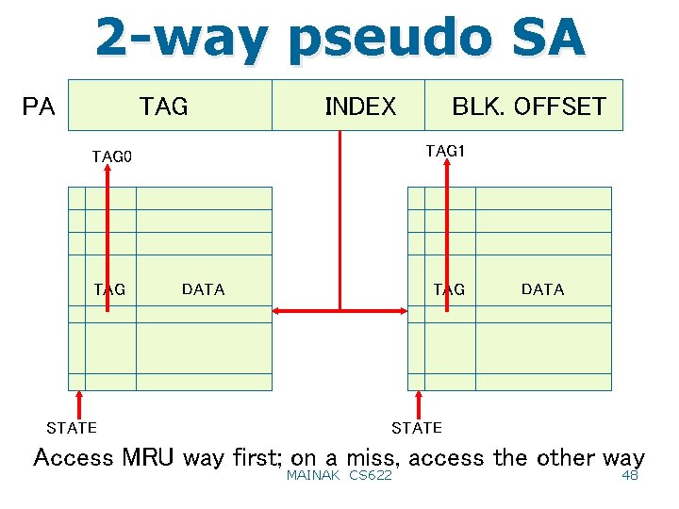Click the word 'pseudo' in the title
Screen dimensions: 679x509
click(x=390, y=40)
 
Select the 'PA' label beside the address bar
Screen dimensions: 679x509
click(x=39, y=107)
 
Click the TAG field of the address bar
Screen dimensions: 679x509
click(x=164, y=107)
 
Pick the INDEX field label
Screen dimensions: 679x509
click(x=360, y=107)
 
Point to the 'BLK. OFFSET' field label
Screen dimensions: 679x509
click(x=528, y=107)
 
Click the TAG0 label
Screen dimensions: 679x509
click(x=112, y=156)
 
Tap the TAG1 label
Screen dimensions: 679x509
click(x=446, y=151)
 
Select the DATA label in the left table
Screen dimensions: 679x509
click(x=203, y=289)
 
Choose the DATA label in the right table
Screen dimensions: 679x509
click(x=542, y=289)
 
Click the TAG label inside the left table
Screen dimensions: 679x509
click(x=109, y=289)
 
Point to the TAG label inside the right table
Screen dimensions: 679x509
click(x=449, y=289)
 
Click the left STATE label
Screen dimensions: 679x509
click(x=72, y=428)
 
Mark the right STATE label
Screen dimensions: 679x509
click(x=416, y=428)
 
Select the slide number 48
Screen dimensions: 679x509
click(x=630, y=476)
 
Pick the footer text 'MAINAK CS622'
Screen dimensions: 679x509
click(x=339, y=476)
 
